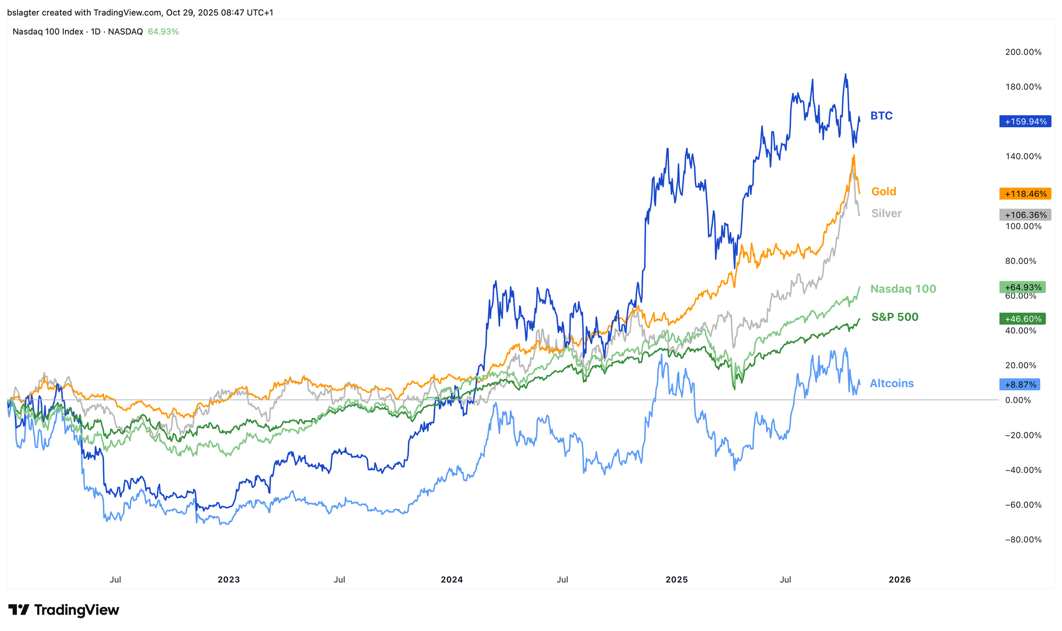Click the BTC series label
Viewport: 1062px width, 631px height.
881,116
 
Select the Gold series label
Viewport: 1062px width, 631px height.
884,192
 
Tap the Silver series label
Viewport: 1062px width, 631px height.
886,214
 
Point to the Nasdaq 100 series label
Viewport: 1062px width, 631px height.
903,289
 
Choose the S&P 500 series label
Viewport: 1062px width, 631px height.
895,318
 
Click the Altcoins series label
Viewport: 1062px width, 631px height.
892,383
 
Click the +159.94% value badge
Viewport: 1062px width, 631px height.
1025,122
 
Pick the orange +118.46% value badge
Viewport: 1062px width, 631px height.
1025,194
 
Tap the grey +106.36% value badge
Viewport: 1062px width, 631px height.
1025,215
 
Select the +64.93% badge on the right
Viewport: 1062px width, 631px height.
1022,287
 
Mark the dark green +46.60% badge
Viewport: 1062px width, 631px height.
1022,319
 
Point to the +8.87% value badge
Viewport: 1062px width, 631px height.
1020,385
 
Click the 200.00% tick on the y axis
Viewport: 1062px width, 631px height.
1023,52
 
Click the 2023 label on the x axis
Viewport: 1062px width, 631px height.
229,579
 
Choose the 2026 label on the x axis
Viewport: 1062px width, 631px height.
900,579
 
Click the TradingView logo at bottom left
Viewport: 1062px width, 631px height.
64,610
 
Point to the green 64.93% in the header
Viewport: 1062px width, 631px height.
163,32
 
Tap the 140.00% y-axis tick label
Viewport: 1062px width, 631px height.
1023,156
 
